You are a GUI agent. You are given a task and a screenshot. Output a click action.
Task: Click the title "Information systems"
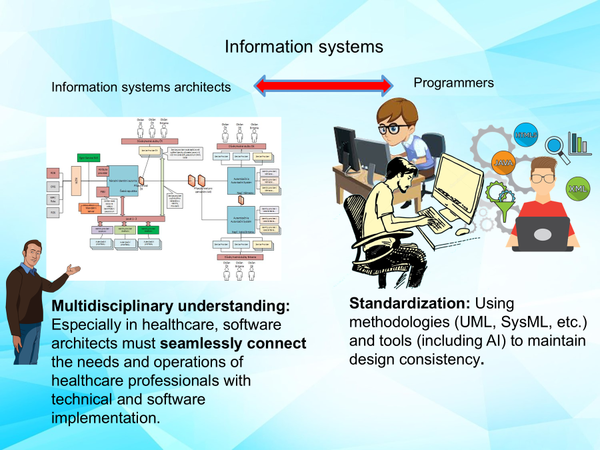pos(304,47)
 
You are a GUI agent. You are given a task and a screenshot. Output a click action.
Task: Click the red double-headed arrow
pos(323,85)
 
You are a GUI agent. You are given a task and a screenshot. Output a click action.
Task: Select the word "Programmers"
pos(454,83)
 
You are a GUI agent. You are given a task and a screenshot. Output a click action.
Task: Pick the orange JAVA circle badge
pos(504,162)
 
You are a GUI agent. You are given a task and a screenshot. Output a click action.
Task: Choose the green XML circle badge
pos(577,189)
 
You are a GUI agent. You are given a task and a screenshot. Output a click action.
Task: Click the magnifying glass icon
pos(557,147)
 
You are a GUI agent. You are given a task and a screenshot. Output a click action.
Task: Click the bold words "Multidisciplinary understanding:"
pos(171,306)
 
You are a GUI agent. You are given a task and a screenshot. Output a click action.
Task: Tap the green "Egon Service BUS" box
pos(89,157)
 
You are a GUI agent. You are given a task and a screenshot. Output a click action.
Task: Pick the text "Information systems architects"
pos(141,87)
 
